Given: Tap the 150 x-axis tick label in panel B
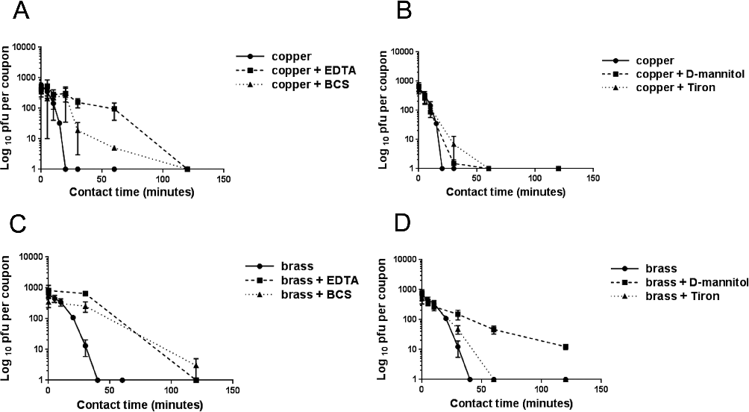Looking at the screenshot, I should point(592,179).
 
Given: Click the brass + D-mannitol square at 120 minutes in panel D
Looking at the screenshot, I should point(566,347).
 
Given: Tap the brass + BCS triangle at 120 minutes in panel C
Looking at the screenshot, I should point(196,366).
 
